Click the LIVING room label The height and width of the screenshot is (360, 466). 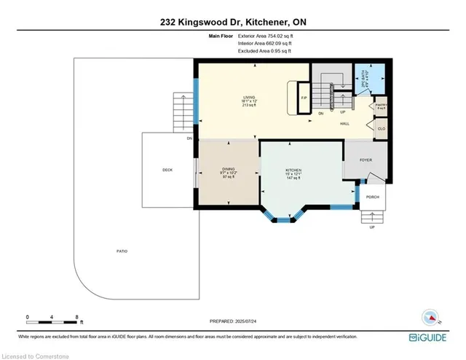[x=250, y=97]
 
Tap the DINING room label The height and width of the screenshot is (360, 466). [x=228, y=170]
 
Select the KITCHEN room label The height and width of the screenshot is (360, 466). [x=293, y=170]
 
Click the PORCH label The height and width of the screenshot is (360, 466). [x=372, y=197]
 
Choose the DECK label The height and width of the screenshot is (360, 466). [x=167, y=170]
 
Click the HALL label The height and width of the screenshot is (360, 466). [x=345, y=124]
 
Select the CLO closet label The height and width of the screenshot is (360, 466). [x=381, y=130]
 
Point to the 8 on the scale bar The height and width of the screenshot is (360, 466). [x=77, y=316]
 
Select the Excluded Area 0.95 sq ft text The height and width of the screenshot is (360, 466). [x=264, y=51]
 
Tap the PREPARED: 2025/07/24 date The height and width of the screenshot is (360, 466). [x=232, y=321]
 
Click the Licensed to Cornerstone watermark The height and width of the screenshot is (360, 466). [x=33, y=354]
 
